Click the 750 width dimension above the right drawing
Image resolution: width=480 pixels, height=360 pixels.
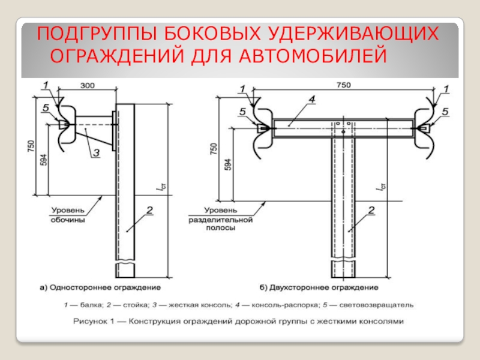(343, 86)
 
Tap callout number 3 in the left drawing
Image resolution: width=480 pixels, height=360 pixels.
(95, 153)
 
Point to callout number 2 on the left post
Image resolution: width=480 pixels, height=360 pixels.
(149, 209)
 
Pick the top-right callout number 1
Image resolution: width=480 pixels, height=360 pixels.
(445, 89)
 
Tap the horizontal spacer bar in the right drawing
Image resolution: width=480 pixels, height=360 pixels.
(342, 124)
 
